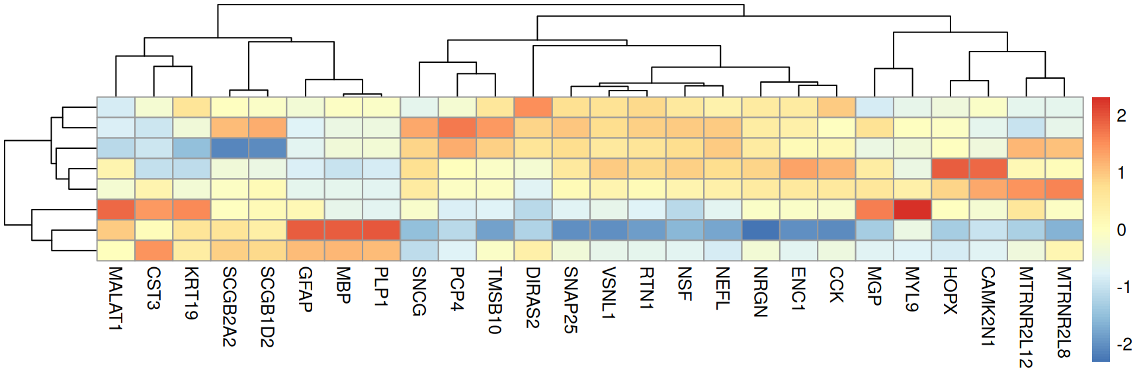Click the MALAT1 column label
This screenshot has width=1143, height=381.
coord(116,298)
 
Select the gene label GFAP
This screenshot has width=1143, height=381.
coord(306,289)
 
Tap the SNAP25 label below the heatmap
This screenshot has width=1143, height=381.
coord(571,300)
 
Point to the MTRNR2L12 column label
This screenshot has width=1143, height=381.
coord(1027,317)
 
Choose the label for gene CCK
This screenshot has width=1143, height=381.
coord(837,285)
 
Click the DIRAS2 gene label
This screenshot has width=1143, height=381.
coord(533,298)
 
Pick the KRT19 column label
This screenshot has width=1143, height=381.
coord(192,293)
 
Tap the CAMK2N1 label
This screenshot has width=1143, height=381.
coord(988,306)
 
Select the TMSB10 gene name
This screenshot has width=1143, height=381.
coord(495,300)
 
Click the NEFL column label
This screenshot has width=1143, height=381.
coord(723,288)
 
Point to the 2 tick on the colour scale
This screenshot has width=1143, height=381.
coord(1121,116)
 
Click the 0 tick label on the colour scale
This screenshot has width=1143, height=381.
coord(1121,230)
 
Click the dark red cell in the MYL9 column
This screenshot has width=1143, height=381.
coord(913,210)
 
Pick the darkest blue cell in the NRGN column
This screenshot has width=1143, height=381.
coord(761,230)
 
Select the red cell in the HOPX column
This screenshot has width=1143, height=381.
coord(951,169)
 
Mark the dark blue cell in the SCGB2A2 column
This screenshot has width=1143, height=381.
coord(230,148)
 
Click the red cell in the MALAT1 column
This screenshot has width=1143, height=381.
coord(116,210)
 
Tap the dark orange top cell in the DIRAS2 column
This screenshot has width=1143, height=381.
coord(533,107)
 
